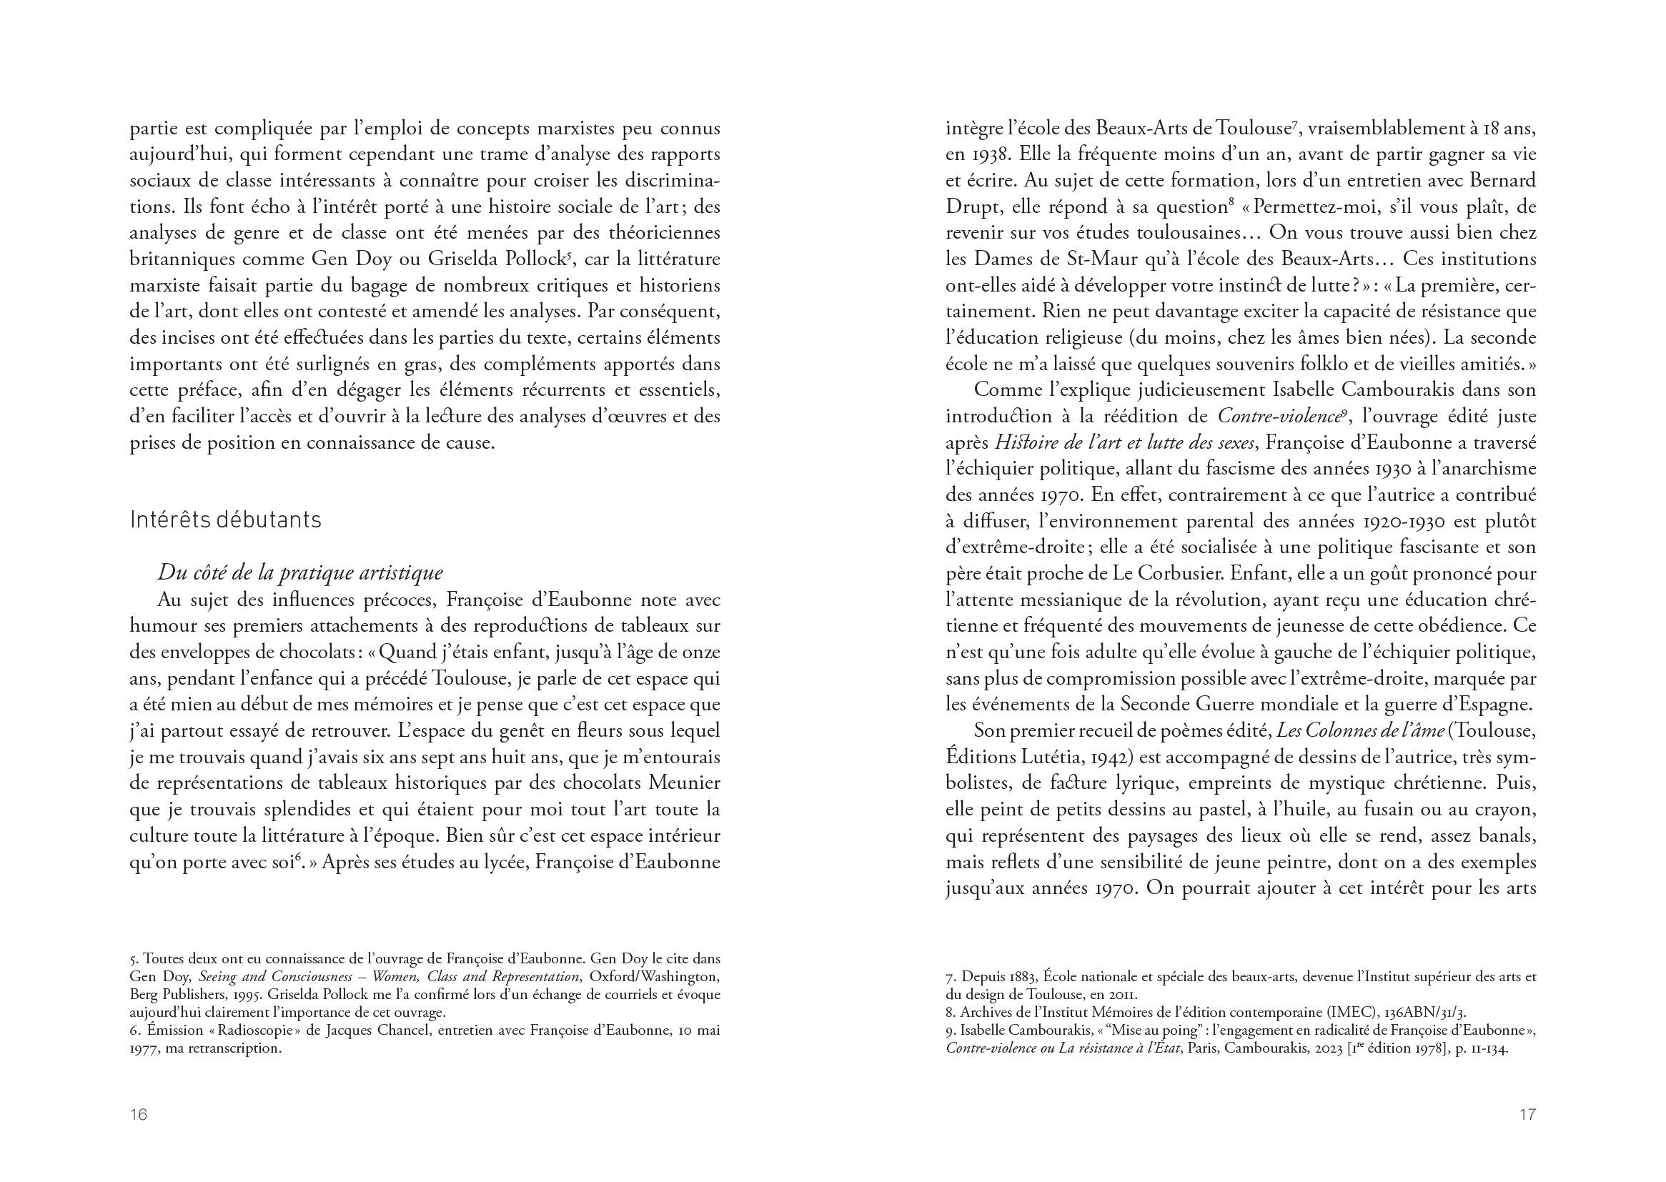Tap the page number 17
tap(1527, 1114)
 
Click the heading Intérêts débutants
tap(225, 520)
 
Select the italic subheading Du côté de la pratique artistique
tap(300, 573)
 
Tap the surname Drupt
tap(971, 207)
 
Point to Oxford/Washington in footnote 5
tap(654, 977)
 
